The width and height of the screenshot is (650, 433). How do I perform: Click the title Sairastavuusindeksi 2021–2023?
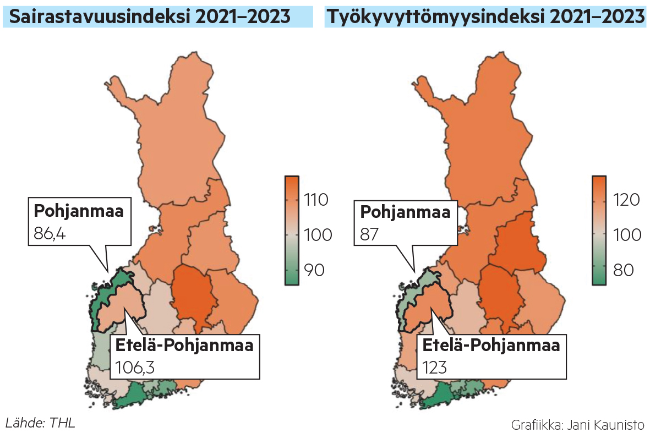[x=150, y=17]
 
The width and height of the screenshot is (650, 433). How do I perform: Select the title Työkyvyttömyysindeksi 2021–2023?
[x=485, y=17]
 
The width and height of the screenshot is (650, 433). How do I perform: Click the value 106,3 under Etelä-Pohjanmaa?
[x=135, y=366]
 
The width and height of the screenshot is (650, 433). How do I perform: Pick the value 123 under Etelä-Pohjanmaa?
[x=435, y=366]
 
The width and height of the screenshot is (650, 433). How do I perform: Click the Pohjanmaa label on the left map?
[x=79, y=211]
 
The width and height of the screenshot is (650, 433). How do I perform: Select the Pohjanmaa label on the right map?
[x=405, y=212]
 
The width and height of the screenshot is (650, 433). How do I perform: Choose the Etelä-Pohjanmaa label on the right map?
[x=491, y=346]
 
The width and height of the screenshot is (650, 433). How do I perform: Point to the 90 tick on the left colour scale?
[x=313, y=270]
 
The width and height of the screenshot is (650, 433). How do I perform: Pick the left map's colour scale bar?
[x=292, y=230]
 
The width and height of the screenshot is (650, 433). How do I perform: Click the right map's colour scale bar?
[x=599, y=230]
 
